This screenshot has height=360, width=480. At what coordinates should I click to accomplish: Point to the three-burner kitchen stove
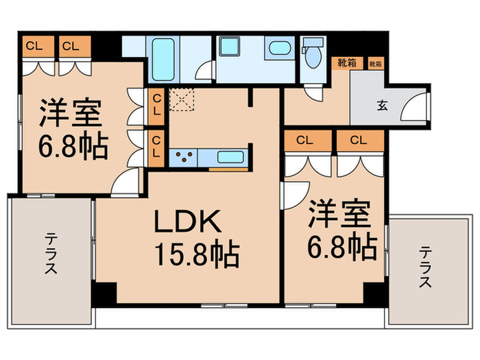[184, 157]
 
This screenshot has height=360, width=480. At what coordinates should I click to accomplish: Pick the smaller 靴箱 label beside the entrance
[376, 64]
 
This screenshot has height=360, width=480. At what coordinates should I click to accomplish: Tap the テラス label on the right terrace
[426, 267]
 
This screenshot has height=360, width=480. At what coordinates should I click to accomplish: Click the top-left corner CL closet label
[32, 46]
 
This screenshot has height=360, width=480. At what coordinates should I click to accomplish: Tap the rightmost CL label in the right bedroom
[359, 141]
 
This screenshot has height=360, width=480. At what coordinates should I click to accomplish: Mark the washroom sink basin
[278, 49]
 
